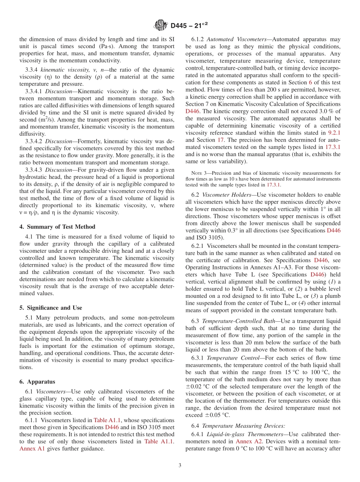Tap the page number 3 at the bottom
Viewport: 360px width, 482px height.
coord(180,465)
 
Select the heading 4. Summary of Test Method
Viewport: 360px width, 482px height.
coord(57,227)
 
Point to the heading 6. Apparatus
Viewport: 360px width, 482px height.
coord(37,382)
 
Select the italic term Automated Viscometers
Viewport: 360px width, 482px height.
coord(238,39)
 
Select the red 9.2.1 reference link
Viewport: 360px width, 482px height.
coord(334,133)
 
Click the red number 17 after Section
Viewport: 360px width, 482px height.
coord(221,140)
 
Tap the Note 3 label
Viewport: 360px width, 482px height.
coord(201,173)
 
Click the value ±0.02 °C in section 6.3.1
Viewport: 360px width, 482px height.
coord(199,387)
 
